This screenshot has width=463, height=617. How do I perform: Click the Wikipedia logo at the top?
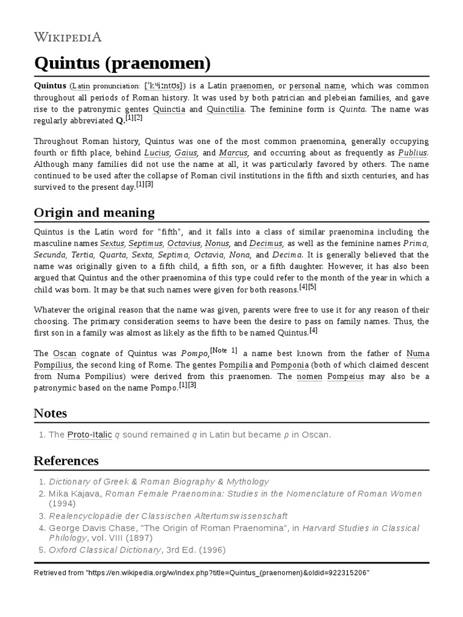pyautogui.click(x=67, y=37)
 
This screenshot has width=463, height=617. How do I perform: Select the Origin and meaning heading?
pyautogui.click(x=94, y=212)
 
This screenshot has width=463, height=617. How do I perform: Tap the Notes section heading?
pyautogui.click(x=50, y=413)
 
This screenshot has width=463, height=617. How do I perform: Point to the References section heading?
pyautogui.click(x=66, y=461)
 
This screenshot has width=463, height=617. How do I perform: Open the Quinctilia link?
pyautogui.click(x=226, y=109)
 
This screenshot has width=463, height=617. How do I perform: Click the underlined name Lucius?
pyautogui.click(x=156, y=152)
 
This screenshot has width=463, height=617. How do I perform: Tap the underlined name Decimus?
pyautogui.click(x=266, y=243)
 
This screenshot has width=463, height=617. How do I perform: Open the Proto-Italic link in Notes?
pyautogui.click(x=89, y=434)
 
